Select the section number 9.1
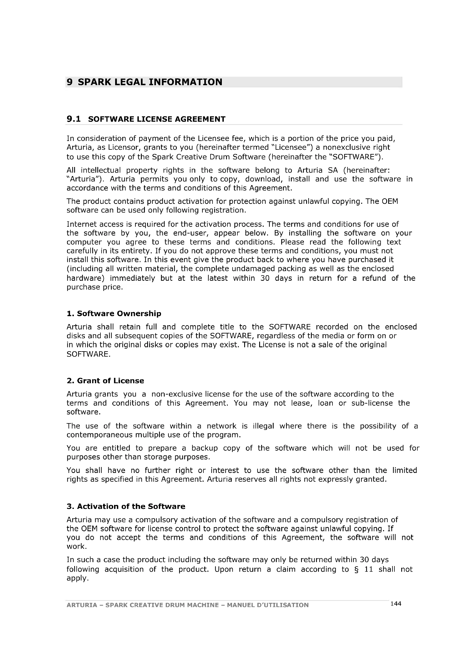coord(74,119)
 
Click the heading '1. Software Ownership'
coord(114,313)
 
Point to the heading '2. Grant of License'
coord(105,381)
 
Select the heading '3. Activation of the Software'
coord(126,506)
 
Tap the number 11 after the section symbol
coord(369,569)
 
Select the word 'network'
coord(221,426)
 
